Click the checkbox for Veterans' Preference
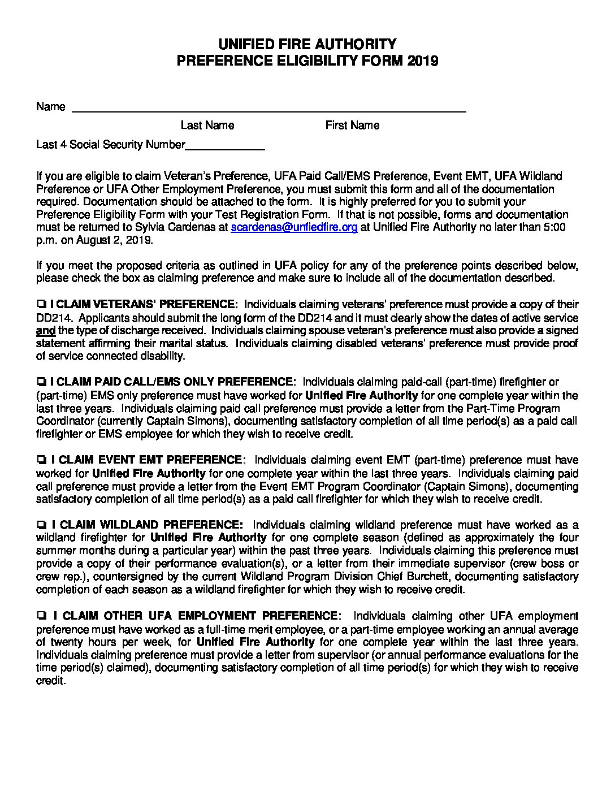coord(41,305)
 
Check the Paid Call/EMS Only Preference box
coord(41,383)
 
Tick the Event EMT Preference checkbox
coord(41,461)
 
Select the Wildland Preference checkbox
coord(41,525)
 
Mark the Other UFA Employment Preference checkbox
coord(41,616)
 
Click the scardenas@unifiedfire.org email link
coord(294,227)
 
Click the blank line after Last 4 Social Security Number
coord(225,145)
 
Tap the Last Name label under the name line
coord(207,125)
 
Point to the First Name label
coord(352,125)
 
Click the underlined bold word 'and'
coord(45,331)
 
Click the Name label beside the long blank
coord(50,106)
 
